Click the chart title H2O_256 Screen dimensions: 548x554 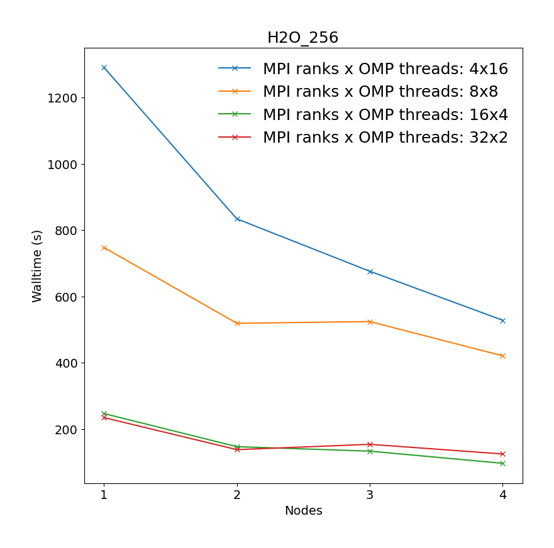tap(302, 38)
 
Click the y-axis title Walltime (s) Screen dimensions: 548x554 tap(37, 266)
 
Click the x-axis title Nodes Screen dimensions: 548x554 tap(303, 511)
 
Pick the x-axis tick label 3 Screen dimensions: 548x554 tap(370, 495)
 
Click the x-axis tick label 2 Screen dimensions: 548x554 tap(237, 495)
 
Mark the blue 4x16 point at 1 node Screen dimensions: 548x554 tap(104, 67)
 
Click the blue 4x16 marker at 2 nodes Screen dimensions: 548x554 tap(237, 219)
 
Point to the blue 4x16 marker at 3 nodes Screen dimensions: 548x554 tap(370, 271)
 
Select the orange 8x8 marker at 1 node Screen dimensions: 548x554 tap(104, 248)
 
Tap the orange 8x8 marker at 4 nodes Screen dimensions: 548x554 tap(502, 356)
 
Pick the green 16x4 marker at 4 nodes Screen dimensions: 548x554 tap(502, 463)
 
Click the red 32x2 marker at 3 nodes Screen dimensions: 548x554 tap(370, 444)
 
